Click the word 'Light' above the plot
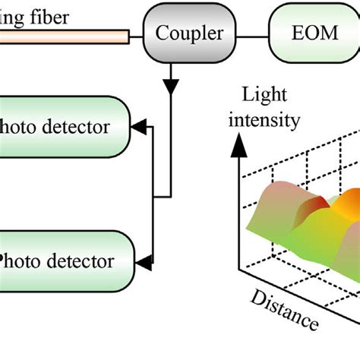pyautogui.click(x=262, y=95)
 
